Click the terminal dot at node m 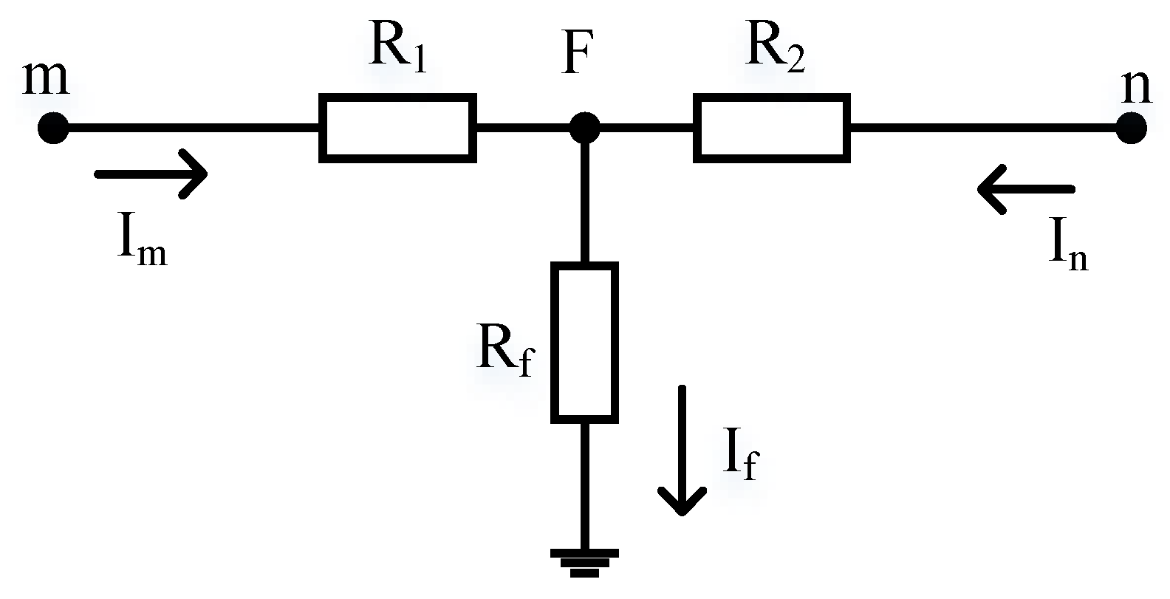(x=52, y=129)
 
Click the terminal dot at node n (x=1131, y=129)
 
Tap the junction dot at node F (x=584, y=129)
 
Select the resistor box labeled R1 (x=397, y=127)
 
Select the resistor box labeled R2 (x=771, y=127)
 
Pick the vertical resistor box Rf (x=584, y=343)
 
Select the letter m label (x=46, y=78)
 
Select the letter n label (x=1136, y=87)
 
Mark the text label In (x=1068, y=247)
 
